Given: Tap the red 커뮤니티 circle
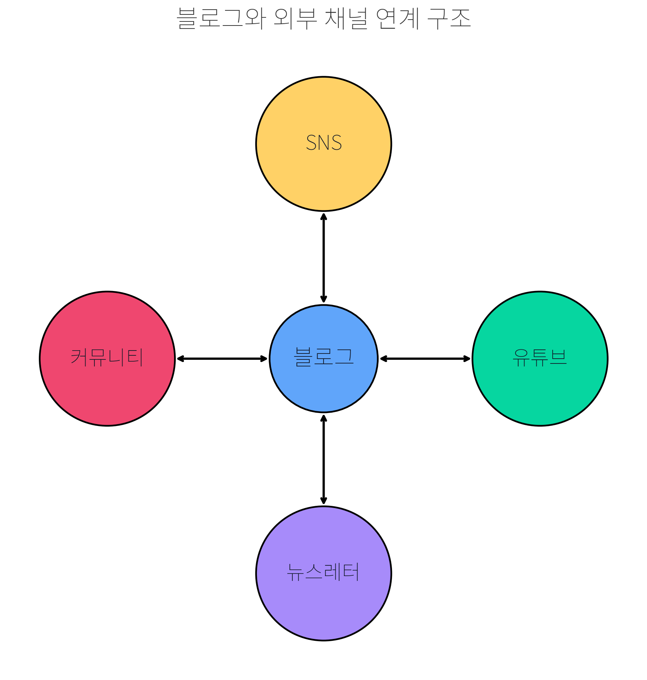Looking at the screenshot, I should [x=107, y=392].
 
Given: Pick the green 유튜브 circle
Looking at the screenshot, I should [x=540, y=392].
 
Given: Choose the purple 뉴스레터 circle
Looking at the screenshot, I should [x=323, y=606].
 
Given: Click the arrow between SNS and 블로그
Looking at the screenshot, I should [x=323, y=258].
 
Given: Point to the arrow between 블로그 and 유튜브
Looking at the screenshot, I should [x=425, y=359].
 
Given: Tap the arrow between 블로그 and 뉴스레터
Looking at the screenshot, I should [x=323, y=459].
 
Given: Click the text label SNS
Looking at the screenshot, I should [x=324, y=143].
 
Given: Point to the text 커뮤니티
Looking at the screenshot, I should [x=107, y=357].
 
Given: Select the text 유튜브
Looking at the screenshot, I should [x=540, y=357].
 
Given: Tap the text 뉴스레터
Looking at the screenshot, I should [x=323, y=572].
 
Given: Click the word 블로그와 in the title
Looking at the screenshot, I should [x=221, y=18].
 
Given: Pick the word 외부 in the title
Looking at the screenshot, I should [x=295, y=18].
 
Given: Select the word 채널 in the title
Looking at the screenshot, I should [x=346, y=18].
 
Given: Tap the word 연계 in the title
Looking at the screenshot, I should [x=398, y=18].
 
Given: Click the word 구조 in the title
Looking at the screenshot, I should [x=449, y=18].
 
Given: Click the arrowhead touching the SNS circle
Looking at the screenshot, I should [x=323, y=216].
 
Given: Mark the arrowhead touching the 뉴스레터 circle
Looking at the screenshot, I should [x=323, y=501].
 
